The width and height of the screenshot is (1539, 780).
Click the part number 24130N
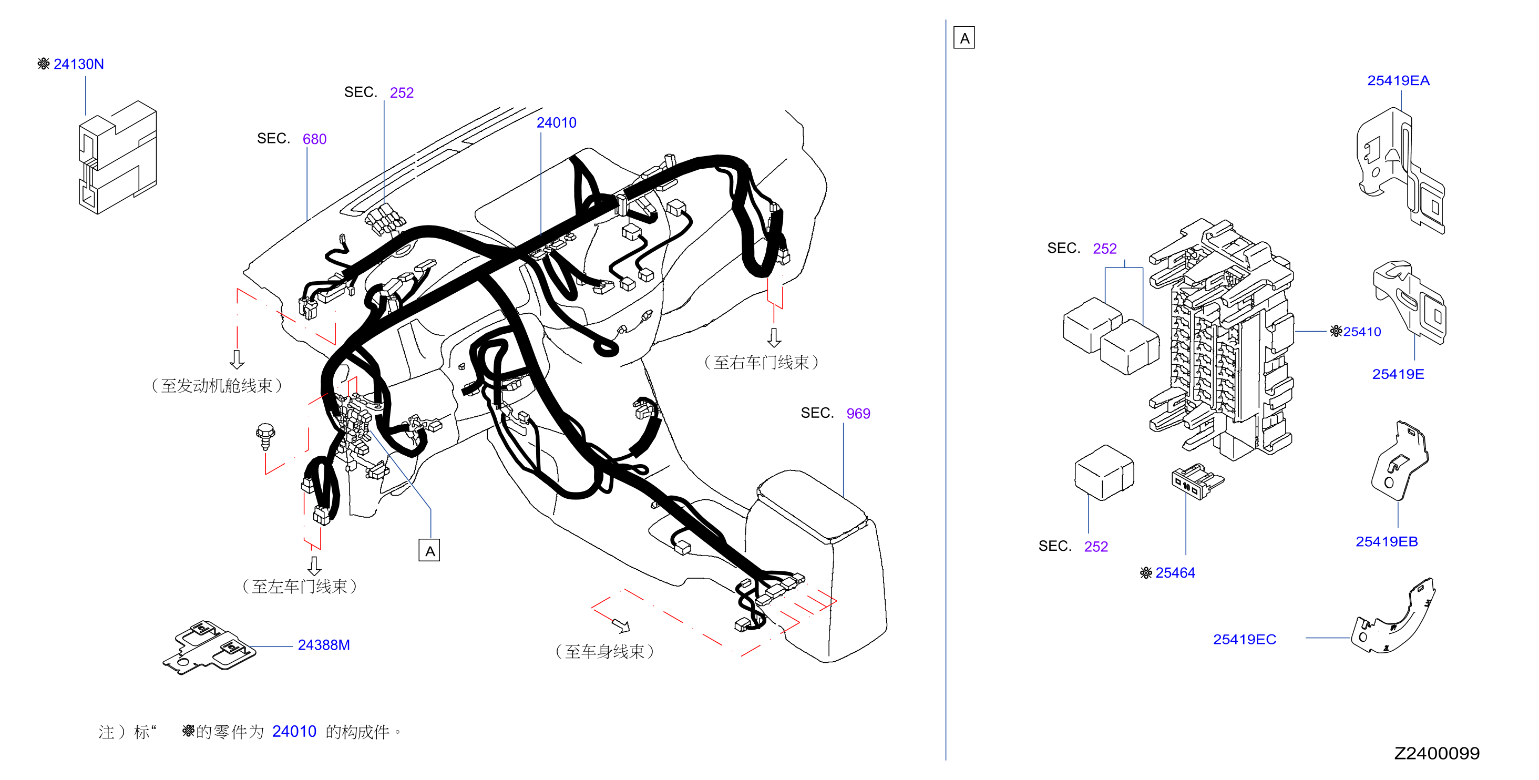click(78, 64)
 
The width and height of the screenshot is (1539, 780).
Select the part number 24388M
click(323, 645)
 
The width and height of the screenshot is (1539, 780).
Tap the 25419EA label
click(1398, 80)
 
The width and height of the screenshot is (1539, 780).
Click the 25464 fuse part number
click(1175, 573)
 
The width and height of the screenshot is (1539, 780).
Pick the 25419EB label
click(1386, 542)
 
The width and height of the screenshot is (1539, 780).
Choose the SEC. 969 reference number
click(858, 413)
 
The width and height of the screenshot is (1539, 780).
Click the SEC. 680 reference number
click(314, 139)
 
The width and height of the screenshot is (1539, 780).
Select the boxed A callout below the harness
click(429, 551)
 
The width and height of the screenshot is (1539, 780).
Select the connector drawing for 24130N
click(118, 157)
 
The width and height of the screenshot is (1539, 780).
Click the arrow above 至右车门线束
click(774, 337)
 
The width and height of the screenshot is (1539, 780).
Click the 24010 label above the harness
click(556, 122)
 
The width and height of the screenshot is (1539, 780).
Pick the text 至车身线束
click(604, 652)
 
